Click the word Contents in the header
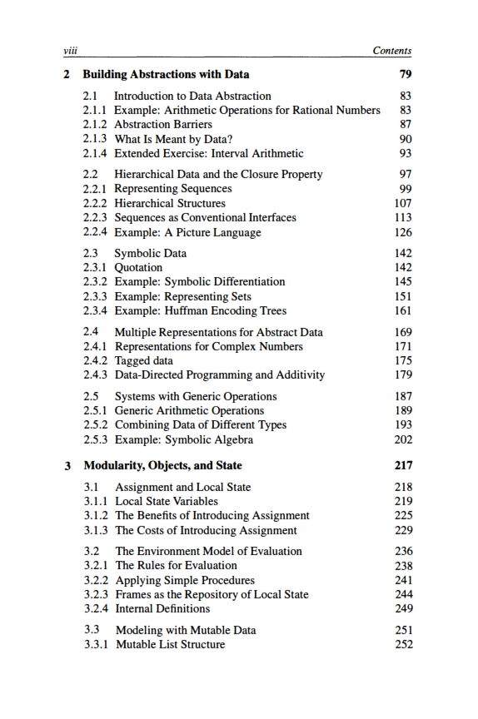391,51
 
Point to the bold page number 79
405,75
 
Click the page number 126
402,232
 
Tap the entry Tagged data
143,361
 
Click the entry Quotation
138,267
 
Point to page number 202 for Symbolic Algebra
402,439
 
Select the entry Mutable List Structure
170,644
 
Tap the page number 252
402,644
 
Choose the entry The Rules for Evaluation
176,565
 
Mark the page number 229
402,530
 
